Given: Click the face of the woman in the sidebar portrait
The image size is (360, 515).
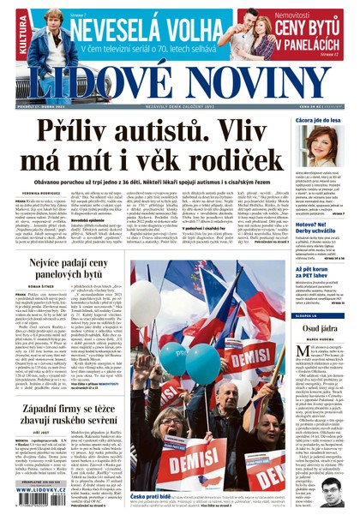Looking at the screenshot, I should click(323, 144).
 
